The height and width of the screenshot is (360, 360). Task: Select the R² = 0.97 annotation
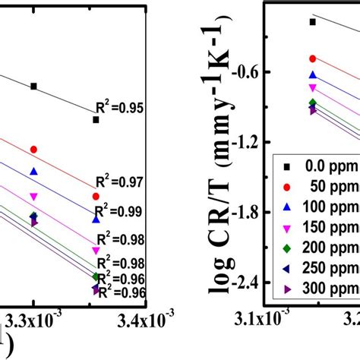119,182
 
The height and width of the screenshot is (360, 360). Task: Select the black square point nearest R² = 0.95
96,119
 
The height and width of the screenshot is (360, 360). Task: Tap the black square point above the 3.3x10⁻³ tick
33,86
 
